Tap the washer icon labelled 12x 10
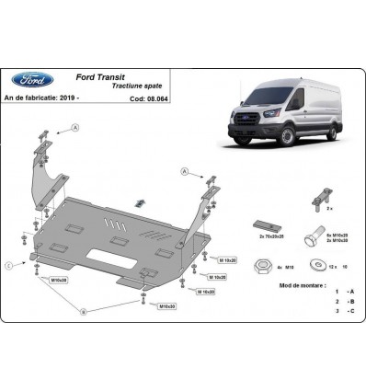(306, 267)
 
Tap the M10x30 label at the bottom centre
(166, 305)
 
